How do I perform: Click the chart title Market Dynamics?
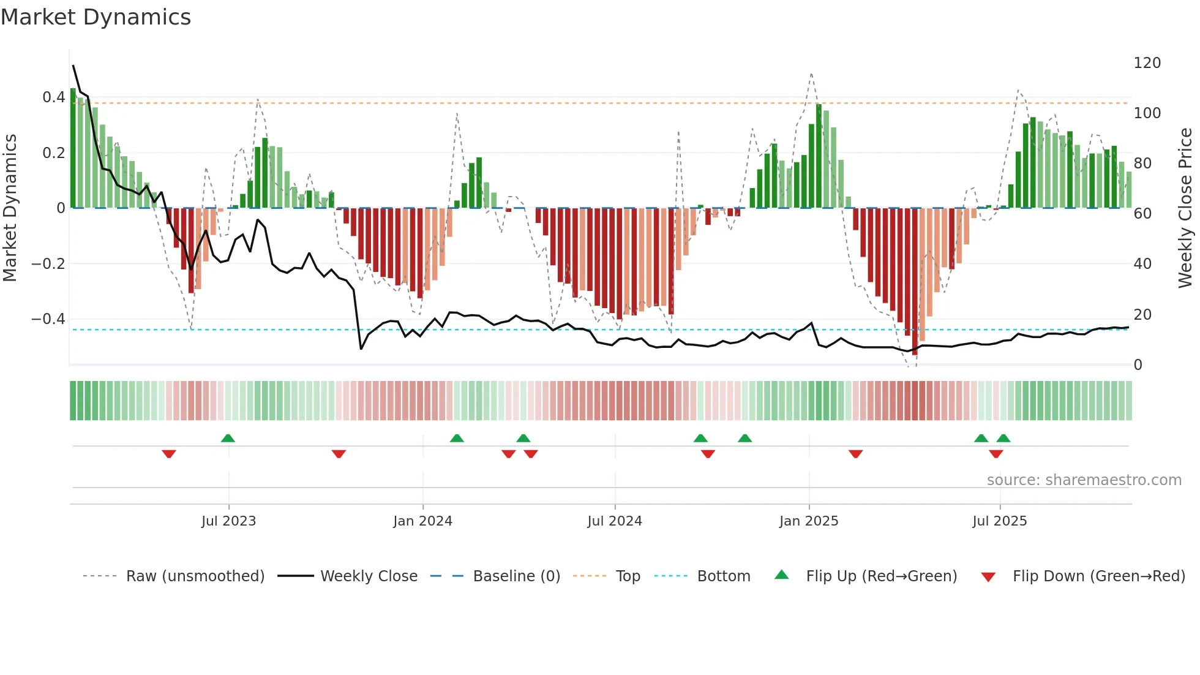(x=96, y=17)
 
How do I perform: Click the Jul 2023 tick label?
(x=228, y=521)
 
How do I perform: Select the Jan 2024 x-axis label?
(x=422, y=521)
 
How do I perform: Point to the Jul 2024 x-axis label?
(x=615, y=521)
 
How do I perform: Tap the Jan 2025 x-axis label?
(x=809, y=521)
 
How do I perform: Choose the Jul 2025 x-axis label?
(x=1000, y=521)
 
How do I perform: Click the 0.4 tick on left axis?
(x=54, y=97)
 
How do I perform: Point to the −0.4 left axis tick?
(x=48, y=319)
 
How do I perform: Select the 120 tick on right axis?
(x=1147, y=63)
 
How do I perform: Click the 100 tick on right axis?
(x=1147, y=113)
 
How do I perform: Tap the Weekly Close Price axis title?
(x=1185, y=208)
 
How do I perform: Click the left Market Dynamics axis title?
(x=10, y=208)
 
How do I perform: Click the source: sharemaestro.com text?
(x=1084, y=480)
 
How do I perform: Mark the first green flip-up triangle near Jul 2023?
(x=228, y=438)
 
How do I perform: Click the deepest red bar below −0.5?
(x=915, y=282)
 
